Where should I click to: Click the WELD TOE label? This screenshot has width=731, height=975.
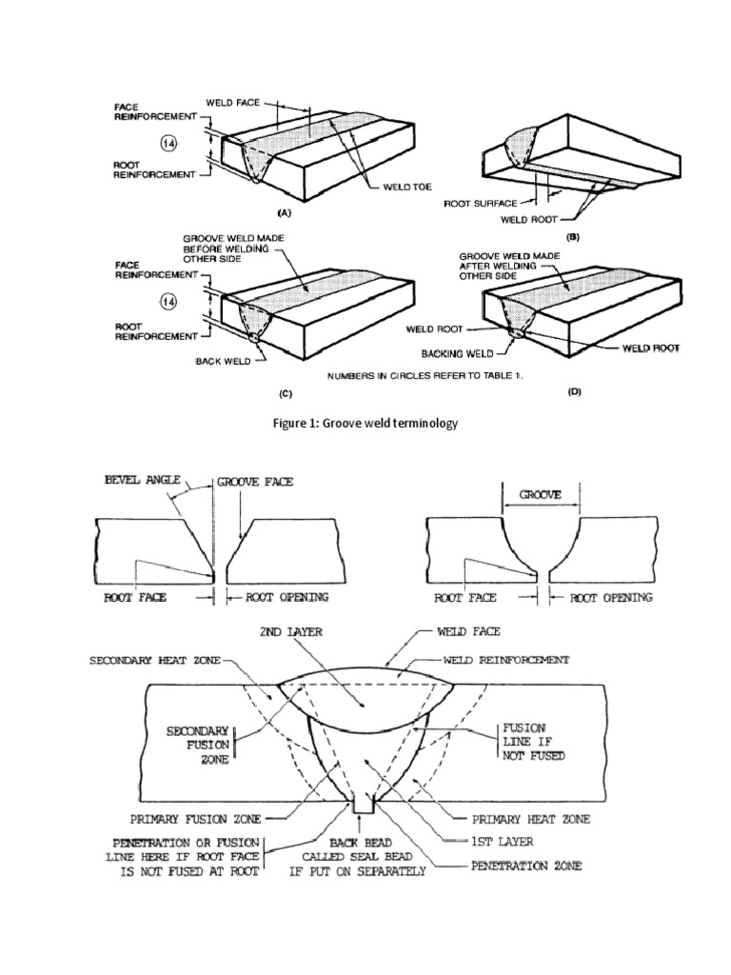point(410,187)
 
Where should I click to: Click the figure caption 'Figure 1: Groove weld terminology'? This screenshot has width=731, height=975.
point(365,423)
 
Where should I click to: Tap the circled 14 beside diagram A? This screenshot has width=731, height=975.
point(168,144)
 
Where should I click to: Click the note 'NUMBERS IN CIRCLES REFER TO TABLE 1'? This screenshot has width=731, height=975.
point(425,375)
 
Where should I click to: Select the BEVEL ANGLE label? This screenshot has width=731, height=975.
point(142,482)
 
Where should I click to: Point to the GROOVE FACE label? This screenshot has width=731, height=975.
point(255,482)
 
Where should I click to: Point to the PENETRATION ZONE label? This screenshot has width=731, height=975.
point(526,866)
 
